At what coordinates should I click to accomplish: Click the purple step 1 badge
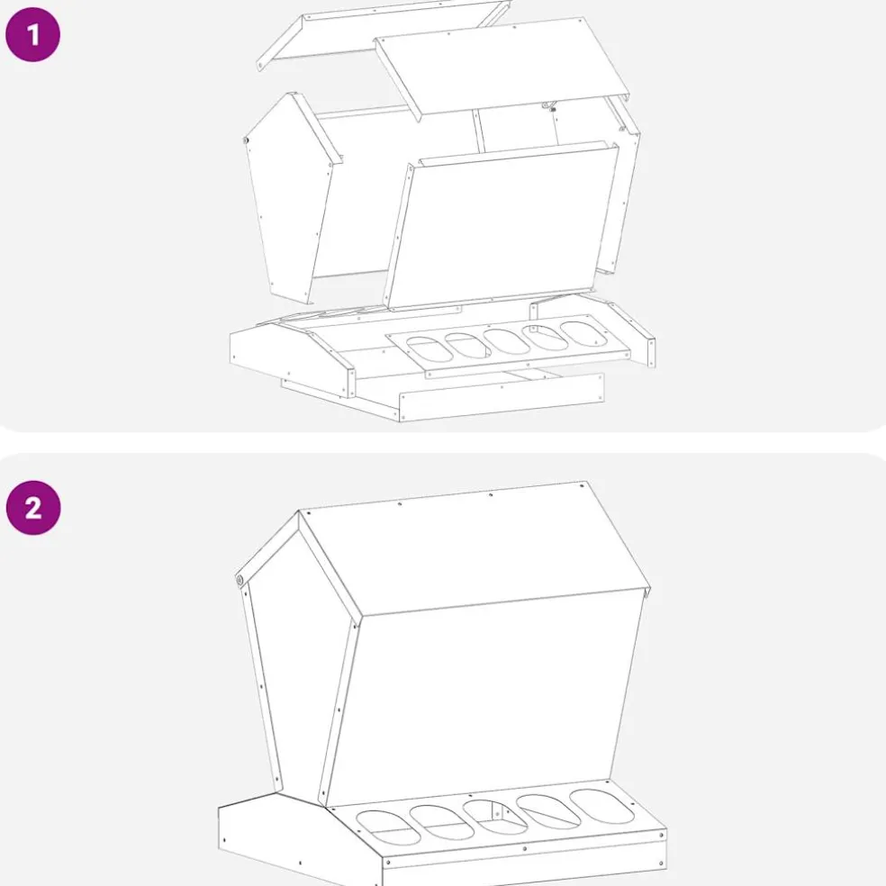click(x=32, y=34)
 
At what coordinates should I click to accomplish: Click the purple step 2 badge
click(x=33, y=508)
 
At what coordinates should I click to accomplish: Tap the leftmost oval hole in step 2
click(x=388, y=827)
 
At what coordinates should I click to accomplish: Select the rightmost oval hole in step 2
click(x=601, y=807)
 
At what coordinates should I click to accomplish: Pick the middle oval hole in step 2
click(x=495, y=817)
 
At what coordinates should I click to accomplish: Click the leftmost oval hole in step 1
click(x=429, y=349)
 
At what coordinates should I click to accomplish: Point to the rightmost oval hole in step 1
click(x=583, y=333)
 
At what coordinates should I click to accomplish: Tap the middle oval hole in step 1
click(x=506, y=341)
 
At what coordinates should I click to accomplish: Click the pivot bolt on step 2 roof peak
click(x=240, y=580)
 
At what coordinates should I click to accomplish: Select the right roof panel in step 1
click(x=502, y=67)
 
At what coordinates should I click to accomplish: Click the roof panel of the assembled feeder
click(x=475, y=548)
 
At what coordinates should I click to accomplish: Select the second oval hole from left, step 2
click(x=442, y=822)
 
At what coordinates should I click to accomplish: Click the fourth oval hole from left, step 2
click(x=548, y=811)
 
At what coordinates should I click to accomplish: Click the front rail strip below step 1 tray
click(x=502, y=397)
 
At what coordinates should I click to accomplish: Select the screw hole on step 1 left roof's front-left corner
click(x=260, y=65)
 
